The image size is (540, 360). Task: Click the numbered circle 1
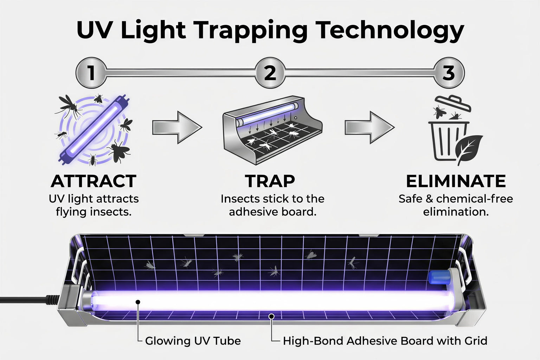point(91,72)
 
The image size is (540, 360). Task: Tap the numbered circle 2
point(270,72)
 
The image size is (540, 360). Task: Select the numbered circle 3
point(449,72)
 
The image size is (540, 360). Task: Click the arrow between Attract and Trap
point(177,127)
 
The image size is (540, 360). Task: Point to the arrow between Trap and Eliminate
point(369,127)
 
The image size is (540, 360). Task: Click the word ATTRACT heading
point(94,181)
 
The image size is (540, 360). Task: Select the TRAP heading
point(270,181)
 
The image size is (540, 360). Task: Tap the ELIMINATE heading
point(456,181)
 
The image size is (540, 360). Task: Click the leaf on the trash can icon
point(470,149)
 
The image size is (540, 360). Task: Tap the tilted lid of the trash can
point(453,103)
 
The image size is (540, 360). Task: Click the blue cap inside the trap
point(439,277)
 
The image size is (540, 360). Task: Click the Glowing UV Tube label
point(193,341)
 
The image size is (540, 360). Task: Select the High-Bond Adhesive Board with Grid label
point(385,341)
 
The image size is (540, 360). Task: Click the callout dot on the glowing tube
point(138,302)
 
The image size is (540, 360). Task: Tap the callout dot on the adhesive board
point(272,316)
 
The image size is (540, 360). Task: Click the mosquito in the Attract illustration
point(69,106)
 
